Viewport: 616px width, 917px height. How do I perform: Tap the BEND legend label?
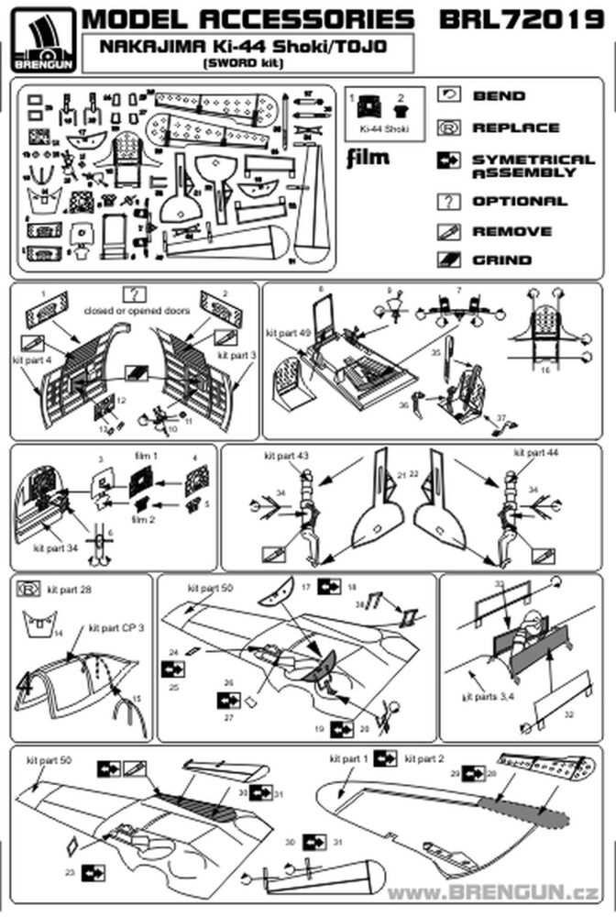pos(499,95)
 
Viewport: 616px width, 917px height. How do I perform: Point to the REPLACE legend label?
pos(515,127)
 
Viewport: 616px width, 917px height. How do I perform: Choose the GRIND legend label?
pos(500,260)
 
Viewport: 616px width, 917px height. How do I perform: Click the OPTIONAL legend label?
pos(519,201)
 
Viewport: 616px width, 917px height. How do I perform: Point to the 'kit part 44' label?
pos(535,454)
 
